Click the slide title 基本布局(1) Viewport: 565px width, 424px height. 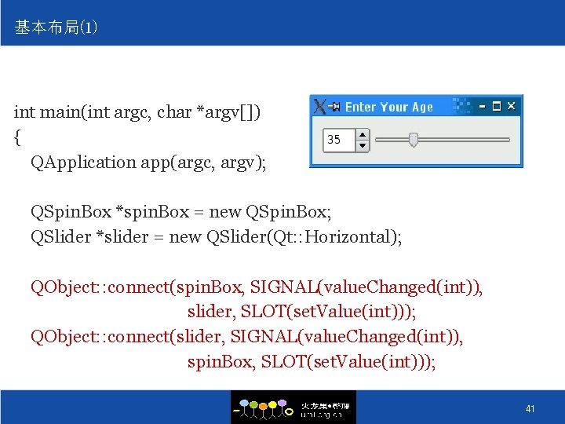pos(56,28)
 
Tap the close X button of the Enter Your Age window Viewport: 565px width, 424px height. pos(512,106)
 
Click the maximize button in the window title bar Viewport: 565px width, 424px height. pos(496,106)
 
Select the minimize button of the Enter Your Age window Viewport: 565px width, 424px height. pos(482,106)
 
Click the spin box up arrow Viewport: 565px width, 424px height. pos(363,134)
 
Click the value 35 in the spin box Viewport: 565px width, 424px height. pos(334,140)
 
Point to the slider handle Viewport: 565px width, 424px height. pos(413,140)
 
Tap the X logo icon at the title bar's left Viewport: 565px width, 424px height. pos(319,106)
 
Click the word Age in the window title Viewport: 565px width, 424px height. pos(421,107)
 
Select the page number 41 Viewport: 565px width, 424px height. pos(530,409)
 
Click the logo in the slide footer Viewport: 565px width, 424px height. pos(293,408)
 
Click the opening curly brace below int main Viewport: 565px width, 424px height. pos(17,137)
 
